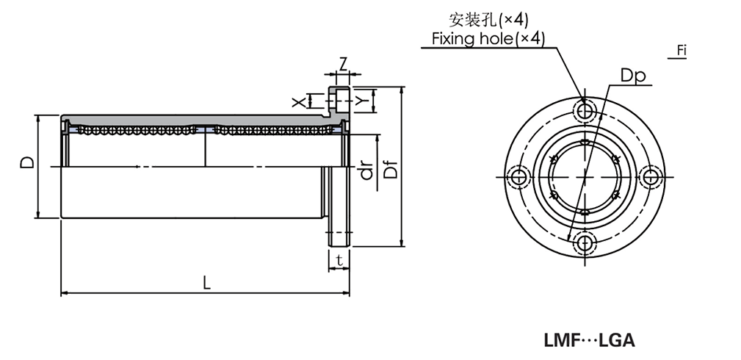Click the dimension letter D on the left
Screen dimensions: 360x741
tap(26, 162)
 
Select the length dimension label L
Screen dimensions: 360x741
tap(206, 283)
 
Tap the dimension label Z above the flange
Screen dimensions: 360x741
tap(342, 63)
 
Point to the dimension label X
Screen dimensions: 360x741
tap(298, 101)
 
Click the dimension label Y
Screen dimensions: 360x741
tap(361, 99)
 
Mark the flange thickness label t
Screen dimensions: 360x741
tap(339, 259)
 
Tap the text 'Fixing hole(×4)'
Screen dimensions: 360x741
tap(488, 39)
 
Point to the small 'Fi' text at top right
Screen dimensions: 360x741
tap(682, 51)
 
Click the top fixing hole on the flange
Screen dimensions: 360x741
tap(585, 112)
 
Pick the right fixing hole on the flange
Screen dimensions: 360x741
tap(651, 177)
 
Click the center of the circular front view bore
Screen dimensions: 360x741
tap(585, 177)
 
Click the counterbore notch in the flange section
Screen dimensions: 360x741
tap(338, 99)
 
